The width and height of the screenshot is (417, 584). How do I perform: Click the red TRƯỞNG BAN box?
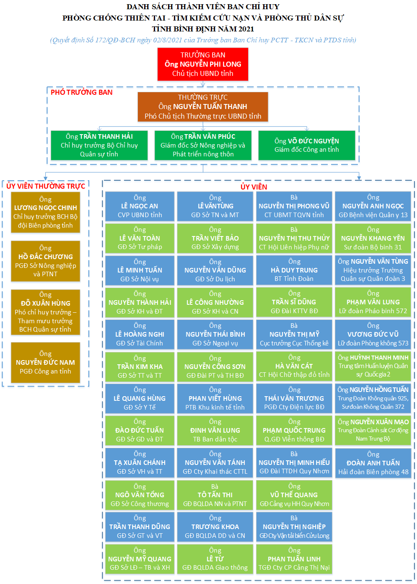point(203,64)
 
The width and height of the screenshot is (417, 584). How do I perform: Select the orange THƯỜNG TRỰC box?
point(203,107)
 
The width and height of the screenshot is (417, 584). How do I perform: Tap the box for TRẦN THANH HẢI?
point(99,145)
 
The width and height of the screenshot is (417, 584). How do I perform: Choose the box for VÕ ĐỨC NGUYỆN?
point(307,145)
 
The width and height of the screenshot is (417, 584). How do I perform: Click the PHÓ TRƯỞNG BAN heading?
point(82,92)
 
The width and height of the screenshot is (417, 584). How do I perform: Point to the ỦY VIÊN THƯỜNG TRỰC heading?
point(46,186)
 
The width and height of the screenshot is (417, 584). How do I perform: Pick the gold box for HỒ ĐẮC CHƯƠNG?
point(46,261)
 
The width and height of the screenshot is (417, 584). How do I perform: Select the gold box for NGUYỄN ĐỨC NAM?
point(46,363)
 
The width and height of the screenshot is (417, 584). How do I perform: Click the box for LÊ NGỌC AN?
point(140,206)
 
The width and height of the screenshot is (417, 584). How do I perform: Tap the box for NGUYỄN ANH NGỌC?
point(373,206)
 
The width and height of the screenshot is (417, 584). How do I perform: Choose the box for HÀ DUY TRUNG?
point(294,270)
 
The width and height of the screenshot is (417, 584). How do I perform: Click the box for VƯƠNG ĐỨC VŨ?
point(373,335)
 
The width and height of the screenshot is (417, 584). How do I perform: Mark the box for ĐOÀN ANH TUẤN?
point(373,463)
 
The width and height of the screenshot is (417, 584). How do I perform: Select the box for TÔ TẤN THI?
point(215,495)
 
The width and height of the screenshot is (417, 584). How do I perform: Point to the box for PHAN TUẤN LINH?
point(294,559)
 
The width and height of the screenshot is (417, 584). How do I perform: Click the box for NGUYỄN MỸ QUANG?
point(140,559)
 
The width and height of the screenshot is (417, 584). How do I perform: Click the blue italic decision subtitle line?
point(203,40)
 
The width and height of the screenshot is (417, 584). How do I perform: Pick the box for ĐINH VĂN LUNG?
point(215,431)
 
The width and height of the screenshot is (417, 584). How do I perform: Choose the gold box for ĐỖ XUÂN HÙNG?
point(46,312)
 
